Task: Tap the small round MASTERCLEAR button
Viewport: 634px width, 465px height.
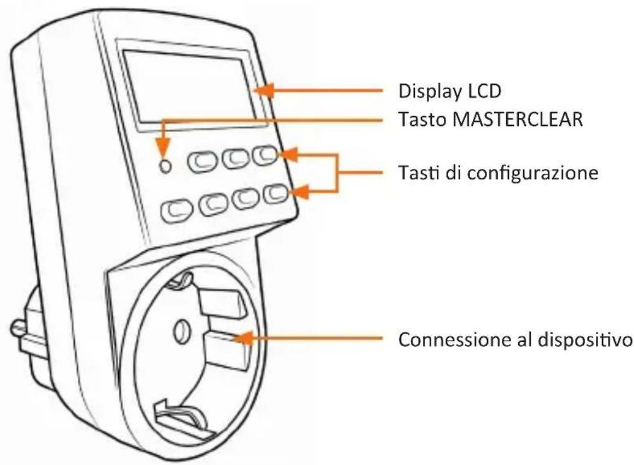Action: (164, 164)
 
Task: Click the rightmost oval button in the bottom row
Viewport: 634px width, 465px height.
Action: (275, 195)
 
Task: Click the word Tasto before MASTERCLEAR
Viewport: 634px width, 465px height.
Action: (418, 119)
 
